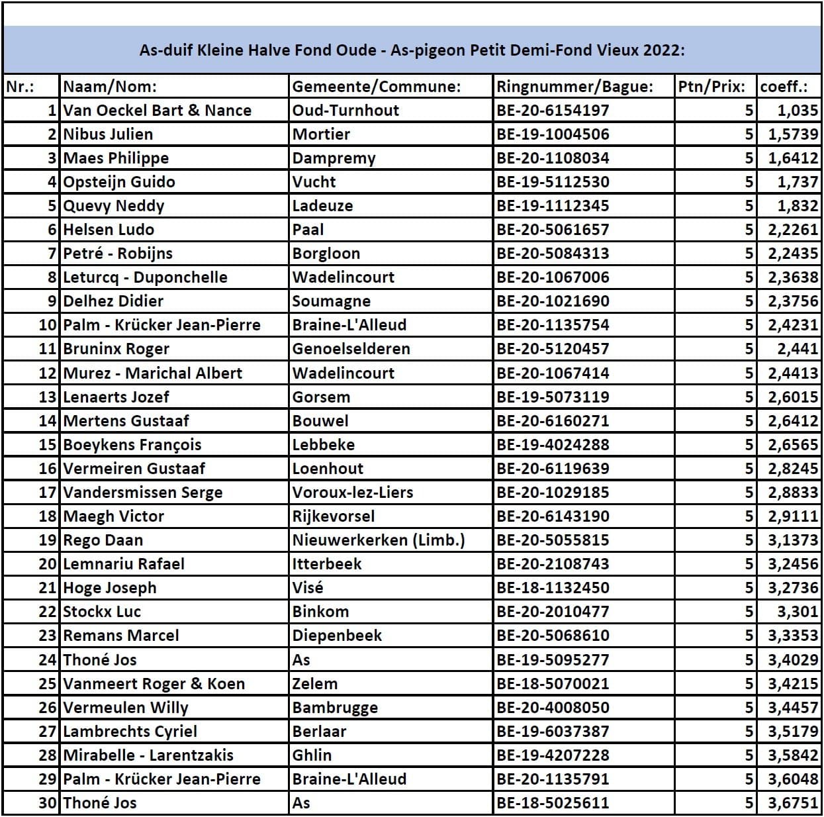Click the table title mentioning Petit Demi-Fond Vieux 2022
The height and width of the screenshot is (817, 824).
click(412, 50)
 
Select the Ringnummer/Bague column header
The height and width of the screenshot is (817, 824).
click(574, 87)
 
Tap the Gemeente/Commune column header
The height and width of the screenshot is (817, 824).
click(376, 87)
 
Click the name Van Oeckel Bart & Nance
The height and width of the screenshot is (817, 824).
click(157, 111)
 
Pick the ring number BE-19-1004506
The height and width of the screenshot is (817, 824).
click(553, 134)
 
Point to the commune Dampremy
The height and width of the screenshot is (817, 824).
click(334, 158)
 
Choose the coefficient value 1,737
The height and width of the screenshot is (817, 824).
click(798, 182)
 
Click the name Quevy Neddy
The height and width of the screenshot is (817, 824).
click(113, 206)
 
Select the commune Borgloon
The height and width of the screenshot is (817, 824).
click(326, 254)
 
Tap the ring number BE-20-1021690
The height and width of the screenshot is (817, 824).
click(553, 301)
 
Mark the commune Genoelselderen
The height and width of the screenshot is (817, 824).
click(351, 349)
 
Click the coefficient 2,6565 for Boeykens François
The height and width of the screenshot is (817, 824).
click(793, 445)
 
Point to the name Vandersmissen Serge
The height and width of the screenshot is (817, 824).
click(142, 493)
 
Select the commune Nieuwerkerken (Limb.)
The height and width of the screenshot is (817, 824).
click(379, 540)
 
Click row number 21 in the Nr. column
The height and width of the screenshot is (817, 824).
click(48, 588)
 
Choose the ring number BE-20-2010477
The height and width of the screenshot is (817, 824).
click(553, 612)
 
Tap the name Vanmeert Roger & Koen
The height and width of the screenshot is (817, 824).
click(154, 684)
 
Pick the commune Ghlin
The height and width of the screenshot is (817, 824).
click(312, 755)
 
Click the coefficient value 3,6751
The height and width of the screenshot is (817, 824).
click(793, 803)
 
